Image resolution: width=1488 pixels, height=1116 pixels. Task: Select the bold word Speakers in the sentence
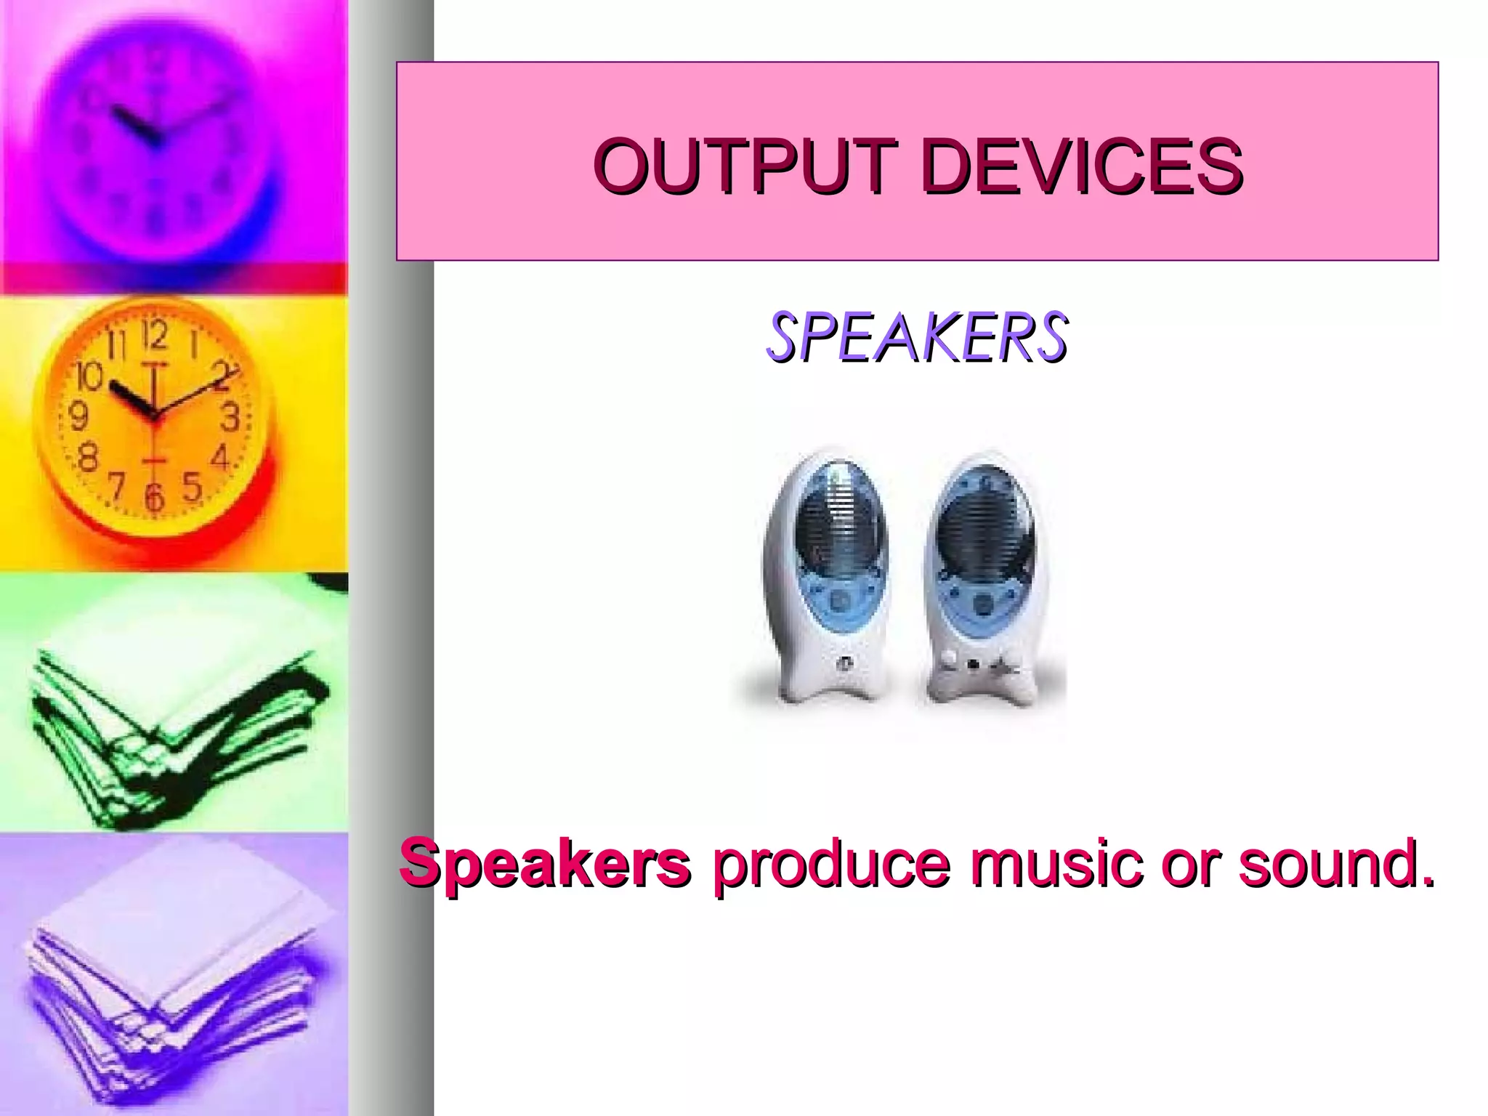545,862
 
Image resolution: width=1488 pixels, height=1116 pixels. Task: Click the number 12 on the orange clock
155,336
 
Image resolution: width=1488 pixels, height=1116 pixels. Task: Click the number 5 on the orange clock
191,486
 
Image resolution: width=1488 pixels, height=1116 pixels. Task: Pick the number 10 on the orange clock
89,376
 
